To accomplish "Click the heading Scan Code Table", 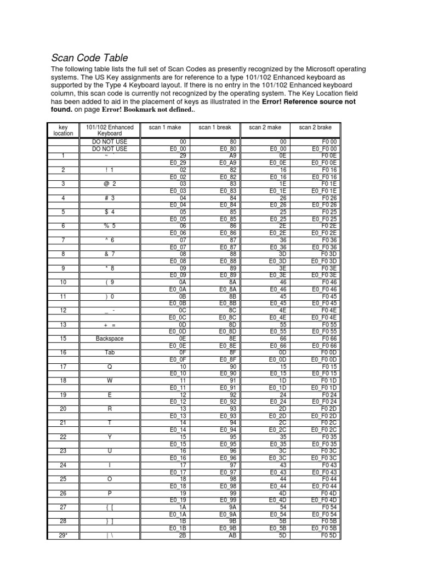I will click(90, 58).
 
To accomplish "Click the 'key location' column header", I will click(63, 130).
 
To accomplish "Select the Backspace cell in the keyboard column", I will click(110, 339).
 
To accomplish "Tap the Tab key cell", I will click(110, 353).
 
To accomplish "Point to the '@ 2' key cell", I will click(110, 184).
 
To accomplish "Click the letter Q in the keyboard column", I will click(110, 367).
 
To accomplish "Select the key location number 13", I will click(63, 324).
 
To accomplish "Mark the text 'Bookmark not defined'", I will click(156, 110).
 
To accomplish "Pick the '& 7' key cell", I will click(110, 254).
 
